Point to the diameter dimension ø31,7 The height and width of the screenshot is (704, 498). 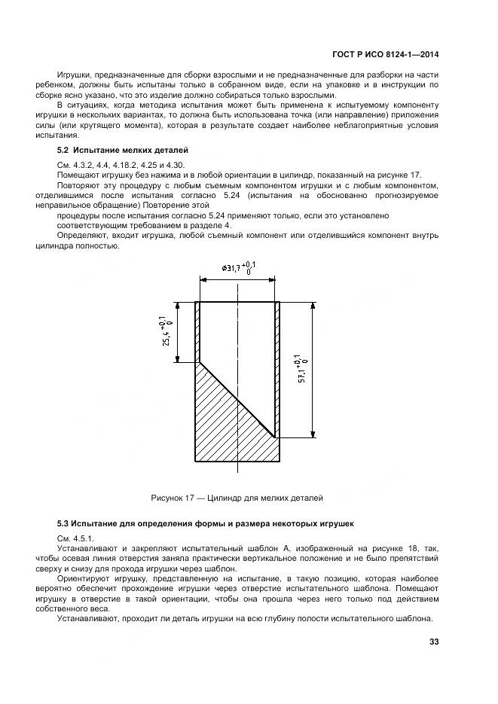pos(239,268)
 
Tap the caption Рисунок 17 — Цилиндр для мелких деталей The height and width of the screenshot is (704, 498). pos(237,498)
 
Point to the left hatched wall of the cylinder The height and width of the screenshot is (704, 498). pos(198,331)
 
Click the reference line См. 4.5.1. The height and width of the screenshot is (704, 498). pos(75,538)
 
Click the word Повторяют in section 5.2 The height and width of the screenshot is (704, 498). pos(81,185)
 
